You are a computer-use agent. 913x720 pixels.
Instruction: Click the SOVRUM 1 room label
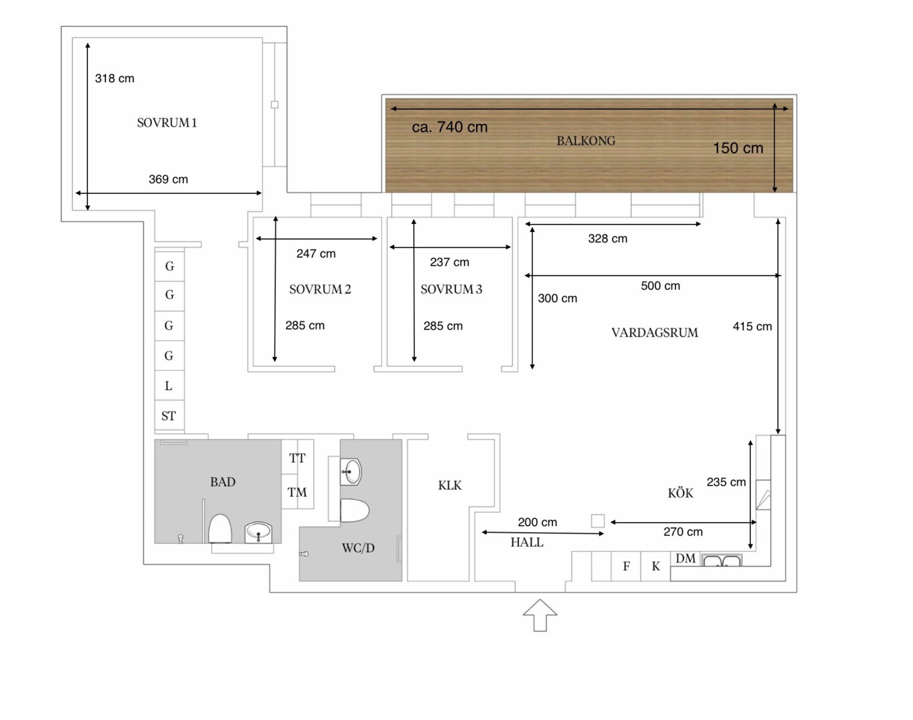tap(167, 123)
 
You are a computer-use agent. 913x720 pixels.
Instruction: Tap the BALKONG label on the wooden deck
tap(586, 141)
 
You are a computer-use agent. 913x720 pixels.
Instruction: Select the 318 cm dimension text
tap(115, 79)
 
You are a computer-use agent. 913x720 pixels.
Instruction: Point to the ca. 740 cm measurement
tap(449, 127)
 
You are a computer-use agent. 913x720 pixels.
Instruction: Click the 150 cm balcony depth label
tap(738, 148)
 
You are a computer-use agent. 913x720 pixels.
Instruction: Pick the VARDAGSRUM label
tap(655, 333)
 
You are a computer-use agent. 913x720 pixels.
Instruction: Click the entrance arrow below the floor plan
tap(540, 615)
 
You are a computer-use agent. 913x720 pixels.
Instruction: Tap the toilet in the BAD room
tap(220, 529)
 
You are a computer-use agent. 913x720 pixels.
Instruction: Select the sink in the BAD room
tap(258, 532)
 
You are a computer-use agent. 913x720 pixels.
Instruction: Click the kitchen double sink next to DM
tap(721, 560)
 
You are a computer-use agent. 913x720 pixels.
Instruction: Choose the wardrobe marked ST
tap(169, 415)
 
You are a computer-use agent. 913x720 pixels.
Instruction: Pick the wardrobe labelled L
tap(169, 385)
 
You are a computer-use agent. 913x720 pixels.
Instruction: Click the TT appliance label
tap(297, 458)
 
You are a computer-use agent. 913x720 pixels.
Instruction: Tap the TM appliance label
tap(297, 492)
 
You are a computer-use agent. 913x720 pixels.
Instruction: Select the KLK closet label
tap(449, 485)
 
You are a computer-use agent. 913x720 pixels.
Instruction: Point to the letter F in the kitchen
tap(626, 566)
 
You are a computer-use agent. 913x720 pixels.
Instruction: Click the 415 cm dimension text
tap(752, 327)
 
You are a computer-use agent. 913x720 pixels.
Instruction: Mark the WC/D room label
tap(358, 548)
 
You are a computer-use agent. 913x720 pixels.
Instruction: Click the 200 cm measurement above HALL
tap(538, 522)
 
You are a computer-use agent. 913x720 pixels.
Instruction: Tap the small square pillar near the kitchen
tap(598, 521)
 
